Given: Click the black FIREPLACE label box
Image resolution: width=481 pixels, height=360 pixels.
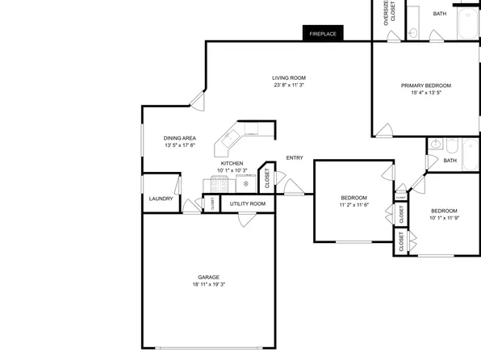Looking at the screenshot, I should click(x=324, y=33).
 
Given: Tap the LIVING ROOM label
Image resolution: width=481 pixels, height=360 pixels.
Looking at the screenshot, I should click(x=289, y=77).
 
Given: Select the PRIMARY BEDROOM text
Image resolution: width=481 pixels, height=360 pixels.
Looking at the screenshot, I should click(x=425, y=86).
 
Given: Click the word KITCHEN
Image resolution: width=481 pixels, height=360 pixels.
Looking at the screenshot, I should click(x=232, y=163).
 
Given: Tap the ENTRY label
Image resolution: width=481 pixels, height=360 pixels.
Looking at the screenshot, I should click(x=295, y=157).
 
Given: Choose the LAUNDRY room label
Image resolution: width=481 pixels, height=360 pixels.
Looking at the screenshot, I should click(x=161, y=199).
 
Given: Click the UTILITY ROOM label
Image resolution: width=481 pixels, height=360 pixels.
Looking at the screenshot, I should click(x=247, y=204).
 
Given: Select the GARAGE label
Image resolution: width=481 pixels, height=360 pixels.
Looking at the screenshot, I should click(x=208, y=277).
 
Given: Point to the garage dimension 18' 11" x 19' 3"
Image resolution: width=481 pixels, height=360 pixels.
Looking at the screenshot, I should click(x=208, y=285).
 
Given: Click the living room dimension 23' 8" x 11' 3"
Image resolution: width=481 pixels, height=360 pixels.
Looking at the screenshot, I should click(x=289, y=85).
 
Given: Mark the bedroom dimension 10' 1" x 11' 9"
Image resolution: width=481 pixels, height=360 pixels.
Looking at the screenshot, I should click(x=444, y=217).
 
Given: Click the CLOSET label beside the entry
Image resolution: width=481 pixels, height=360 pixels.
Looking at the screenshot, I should click(x=267, y=179).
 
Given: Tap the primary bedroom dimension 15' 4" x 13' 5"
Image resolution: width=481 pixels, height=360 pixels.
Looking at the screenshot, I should click(x=425, y=93).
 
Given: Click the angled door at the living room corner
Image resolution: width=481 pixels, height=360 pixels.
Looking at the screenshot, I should click(x=196, y=101).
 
